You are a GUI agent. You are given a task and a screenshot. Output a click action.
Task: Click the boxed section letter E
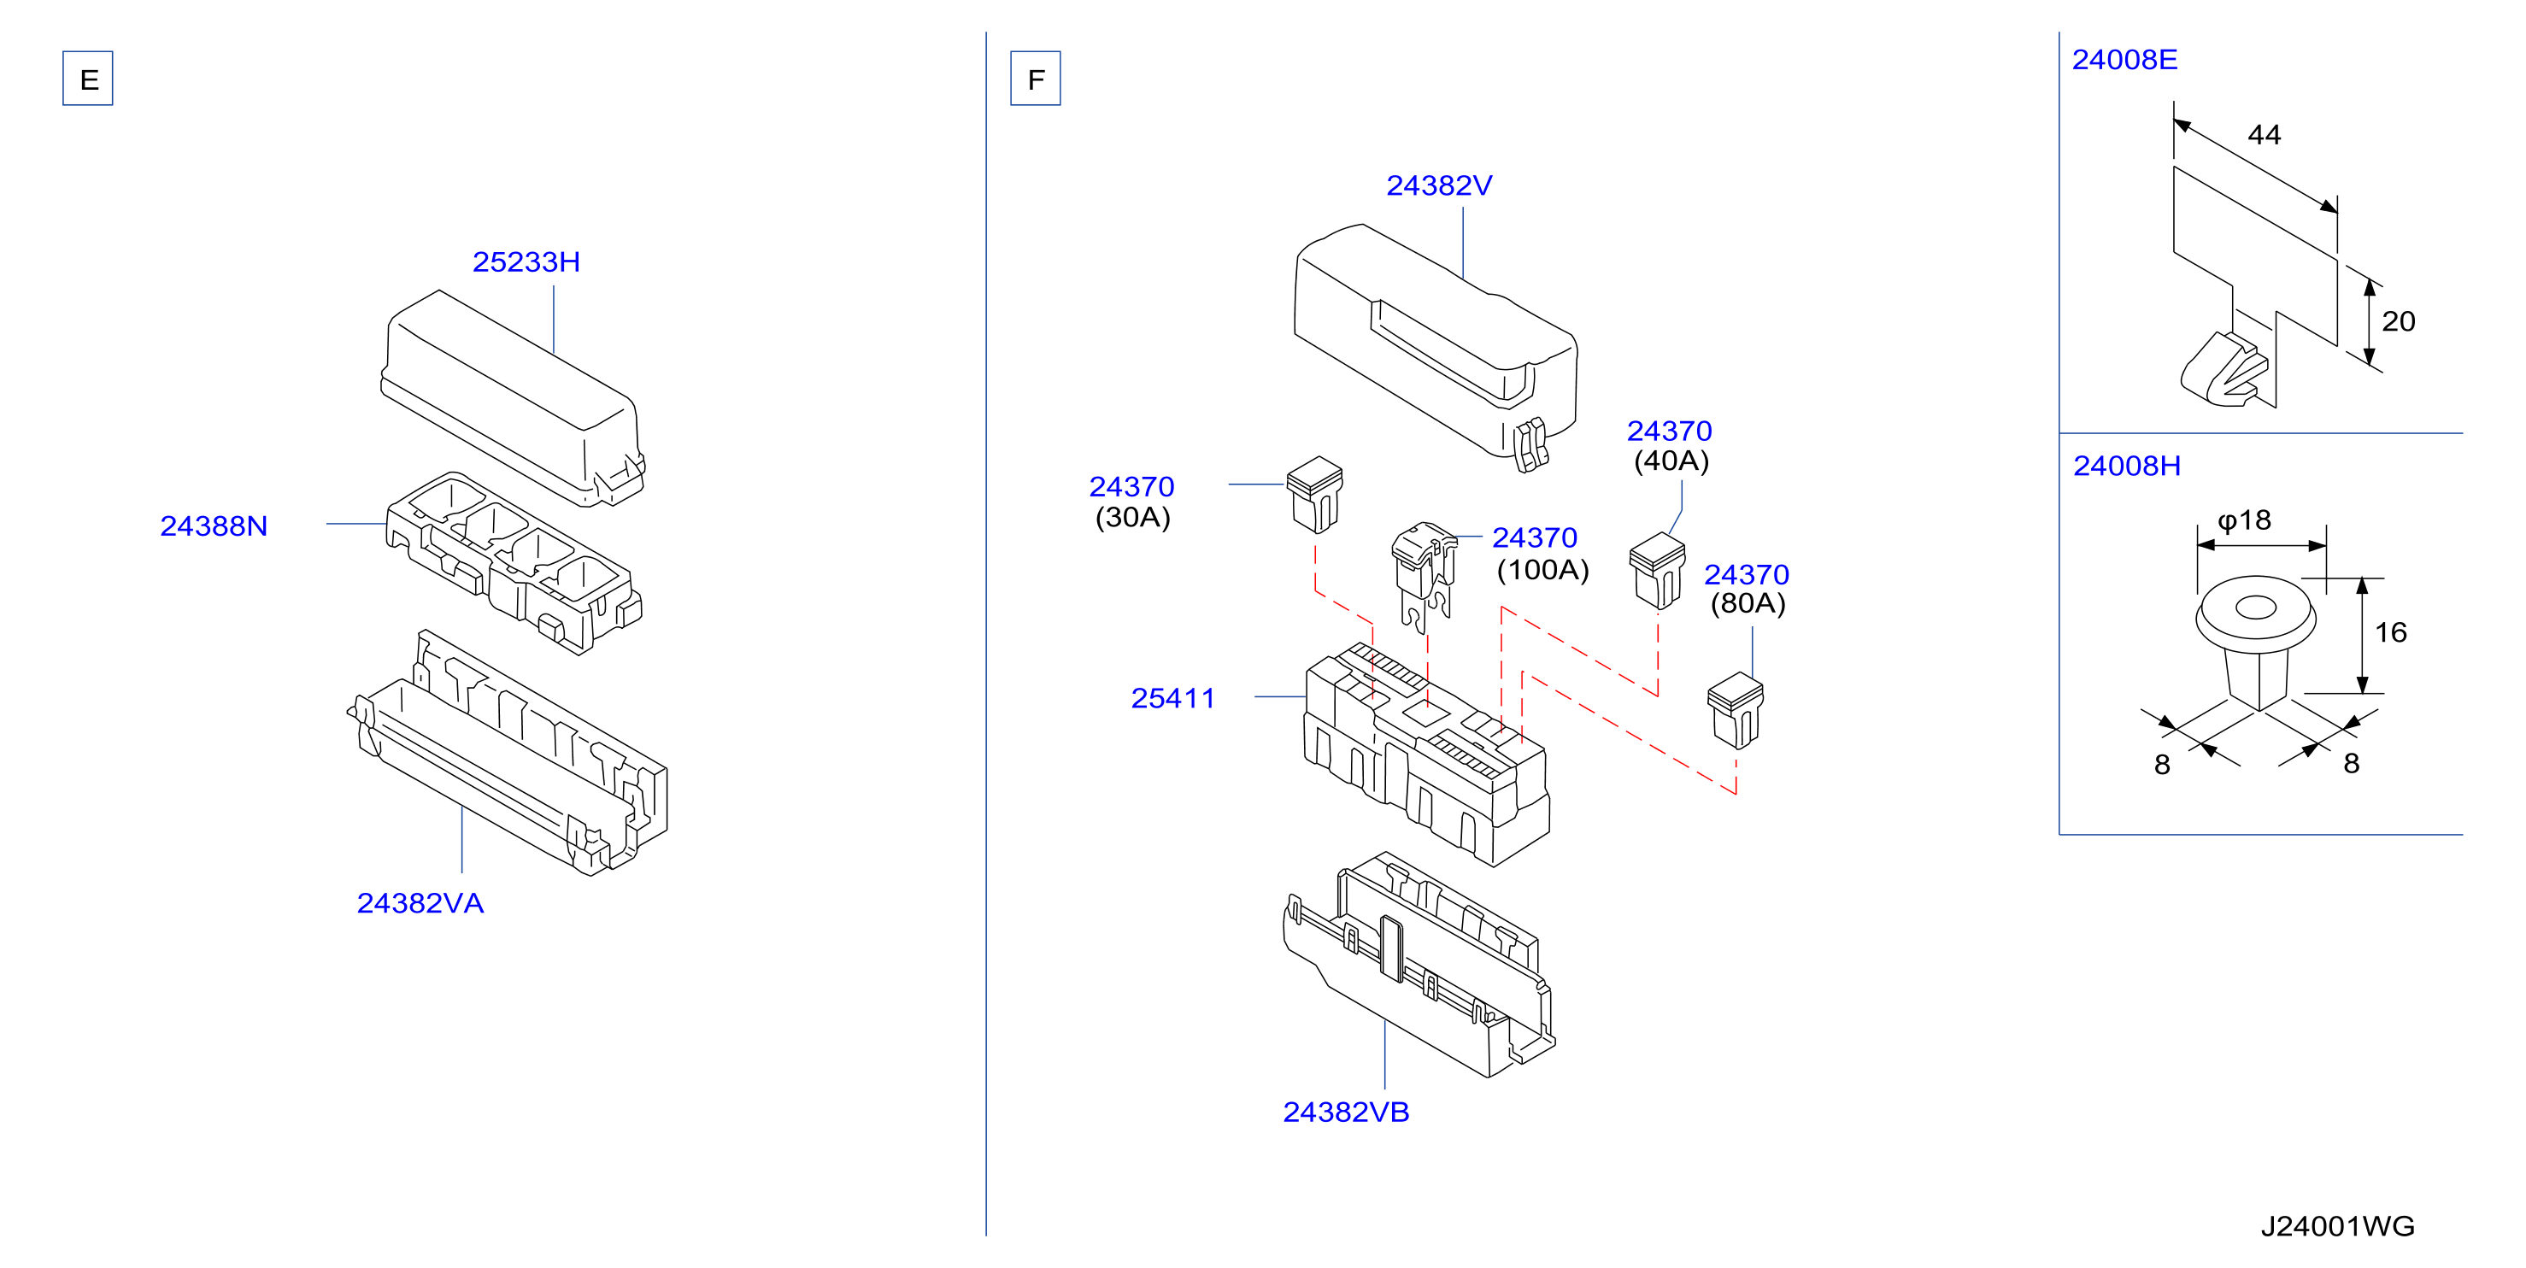click(x=88, y=79)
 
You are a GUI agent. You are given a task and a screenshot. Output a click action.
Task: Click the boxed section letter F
click(x=1036, y=79)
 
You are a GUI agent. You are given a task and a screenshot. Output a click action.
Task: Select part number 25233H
click(x=526, y=261)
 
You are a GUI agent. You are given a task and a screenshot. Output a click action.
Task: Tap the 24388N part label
click(x=214, y=525)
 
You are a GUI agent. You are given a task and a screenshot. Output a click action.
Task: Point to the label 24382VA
click(x=420, y=903)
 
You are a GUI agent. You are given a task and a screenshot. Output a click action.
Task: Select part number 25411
click(x=1172, y=698)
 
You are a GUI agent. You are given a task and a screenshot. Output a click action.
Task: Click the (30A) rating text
click(x=1132, y=517)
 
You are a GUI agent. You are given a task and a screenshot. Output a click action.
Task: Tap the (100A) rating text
click(x=1542, y=570)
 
